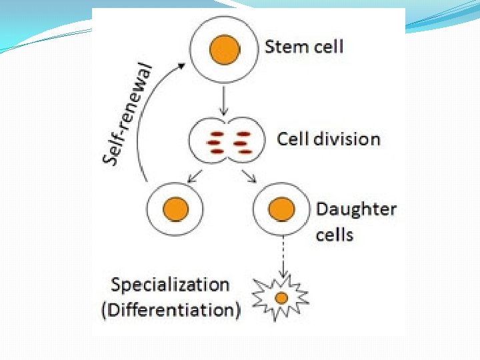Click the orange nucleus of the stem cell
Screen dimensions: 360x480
(x=225, y=49)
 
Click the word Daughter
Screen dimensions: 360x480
(x=356, y=209)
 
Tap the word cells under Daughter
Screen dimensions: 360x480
(x=335, y=235)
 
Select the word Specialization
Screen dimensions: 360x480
(x=170, y=285)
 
